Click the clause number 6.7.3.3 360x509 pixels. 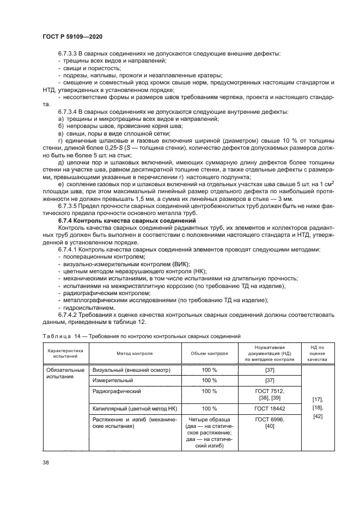click(x=71, y=54)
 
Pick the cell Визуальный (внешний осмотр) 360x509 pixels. click(x=131, y=370)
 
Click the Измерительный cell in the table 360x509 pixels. click(x=112, y=381)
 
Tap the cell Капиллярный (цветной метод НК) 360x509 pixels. click(x=133, y=408)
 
